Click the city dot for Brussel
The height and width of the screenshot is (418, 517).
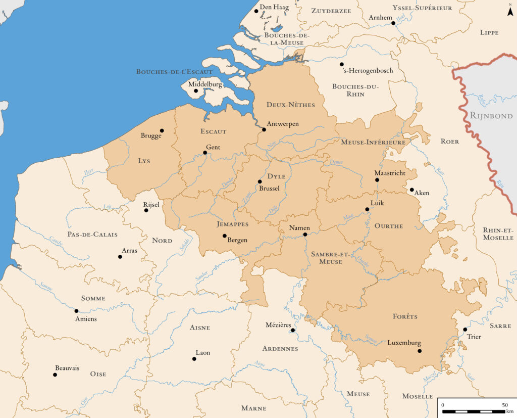[x=260, y=181]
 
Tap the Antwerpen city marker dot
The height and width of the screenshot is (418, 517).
[x=264, y=129]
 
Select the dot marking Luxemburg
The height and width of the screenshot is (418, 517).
[x=420, y=351]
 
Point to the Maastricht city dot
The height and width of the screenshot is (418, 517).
[x=377, y=180]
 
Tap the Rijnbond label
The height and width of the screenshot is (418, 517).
[x=491, y=116]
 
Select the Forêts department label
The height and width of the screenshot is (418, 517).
[x=405, y=316]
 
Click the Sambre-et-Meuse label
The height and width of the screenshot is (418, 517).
[x=327, y=257]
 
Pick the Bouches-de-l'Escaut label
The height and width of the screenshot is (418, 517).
[x=174, y=72]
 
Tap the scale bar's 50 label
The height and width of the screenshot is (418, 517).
[x=505, y=405]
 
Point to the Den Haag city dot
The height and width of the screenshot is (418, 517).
[x=256, y=11]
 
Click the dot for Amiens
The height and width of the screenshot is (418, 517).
[x=77, y=311]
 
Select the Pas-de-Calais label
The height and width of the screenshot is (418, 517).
[x=92, y=235]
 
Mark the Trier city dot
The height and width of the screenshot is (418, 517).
[x=465, y=330]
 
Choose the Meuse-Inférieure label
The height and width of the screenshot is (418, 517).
[x=373, y=143]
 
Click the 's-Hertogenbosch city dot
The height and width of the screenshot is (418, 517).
[x=342, y=64]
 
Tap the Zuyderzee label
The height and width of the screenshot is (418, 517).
[x=331, y=11]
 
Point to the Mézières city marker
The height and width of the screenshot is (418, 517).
[x=293, y=330]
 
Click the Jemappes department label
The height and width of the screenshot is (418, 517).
[x=233, y=223]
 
